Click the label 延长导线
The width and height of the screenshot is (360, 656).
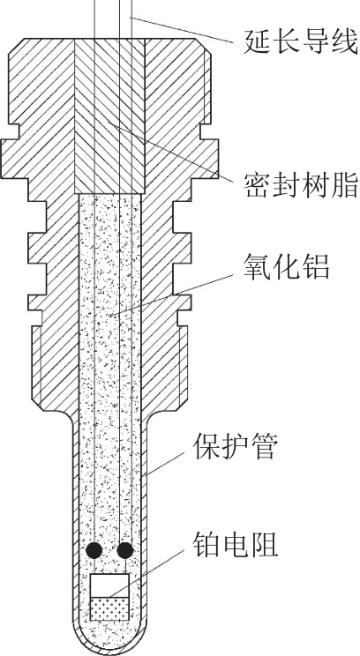(x=301, y=41)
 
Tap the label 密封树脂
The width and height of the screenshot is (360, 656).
(x=301, y=184)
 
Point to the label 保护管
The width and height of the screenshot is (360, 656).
(x=235, y=447)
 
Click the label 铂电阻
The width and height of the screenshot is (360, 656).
(x=235, y=544)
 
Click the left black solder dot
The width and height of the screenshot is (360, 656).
(x=94, y=550)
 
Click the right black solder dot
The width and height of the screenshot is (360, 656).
(x=125, y=550)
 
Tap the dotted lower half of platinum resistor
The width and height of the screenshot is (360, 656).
(x=110, y=608)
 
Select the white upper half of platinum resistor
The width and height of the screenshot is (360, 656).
(x=110, y=585)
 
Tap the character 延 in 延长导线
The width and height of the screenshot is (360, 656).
(x=257, y=41)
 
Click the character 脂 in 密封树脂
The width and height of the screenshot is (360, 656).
(x=345, y=184)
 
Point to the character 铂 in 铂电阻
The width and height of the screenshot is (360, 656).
(x=206, y=544)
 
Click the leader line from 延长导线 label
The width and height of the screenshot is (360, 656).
(x=181, y=29)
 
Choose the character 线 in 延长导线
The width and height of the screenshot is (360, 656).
(x=345, y=41)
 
